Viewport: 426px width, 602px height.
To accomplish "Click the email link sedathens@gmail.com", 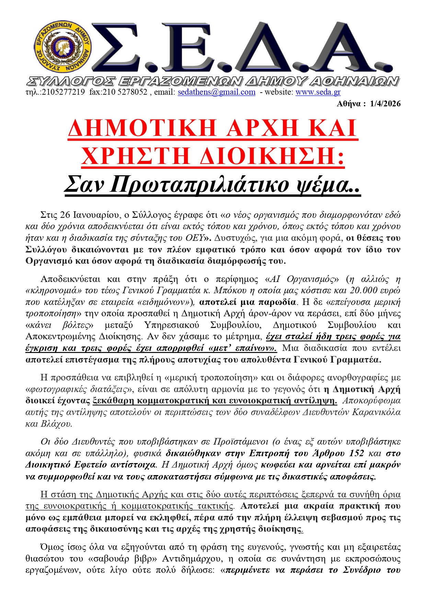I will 216,92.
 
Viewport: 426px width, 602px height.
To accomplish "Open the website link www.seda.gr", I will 318,92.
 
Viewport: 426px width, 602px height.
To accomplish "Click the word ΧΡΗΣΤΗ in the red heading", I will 136,156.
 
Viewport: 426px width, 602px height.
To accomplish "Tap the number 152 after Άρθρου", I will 356,453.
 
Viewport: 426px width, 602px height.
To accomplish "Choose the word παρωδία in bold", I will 277,302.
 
